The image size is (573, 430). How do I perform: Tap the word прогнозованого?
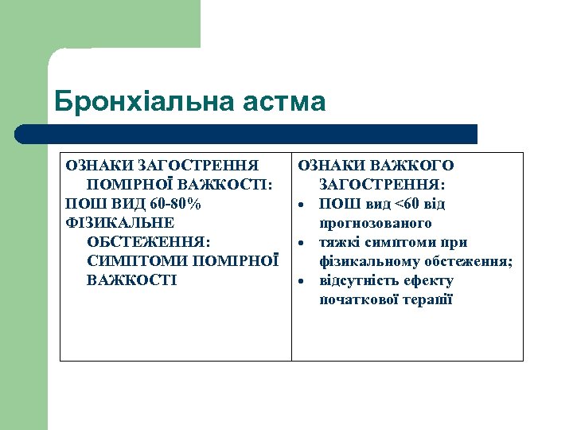click(376, 223)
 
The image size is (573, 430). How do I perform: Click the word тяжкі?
click(337, 242)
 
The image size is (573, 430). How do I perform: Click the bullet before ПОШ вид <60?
click(303, 205)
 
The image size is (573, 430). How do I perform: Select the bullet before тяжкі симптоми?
click(303, 244)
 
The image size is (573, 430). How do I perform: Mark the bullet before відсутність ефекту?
click(303, 282)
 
